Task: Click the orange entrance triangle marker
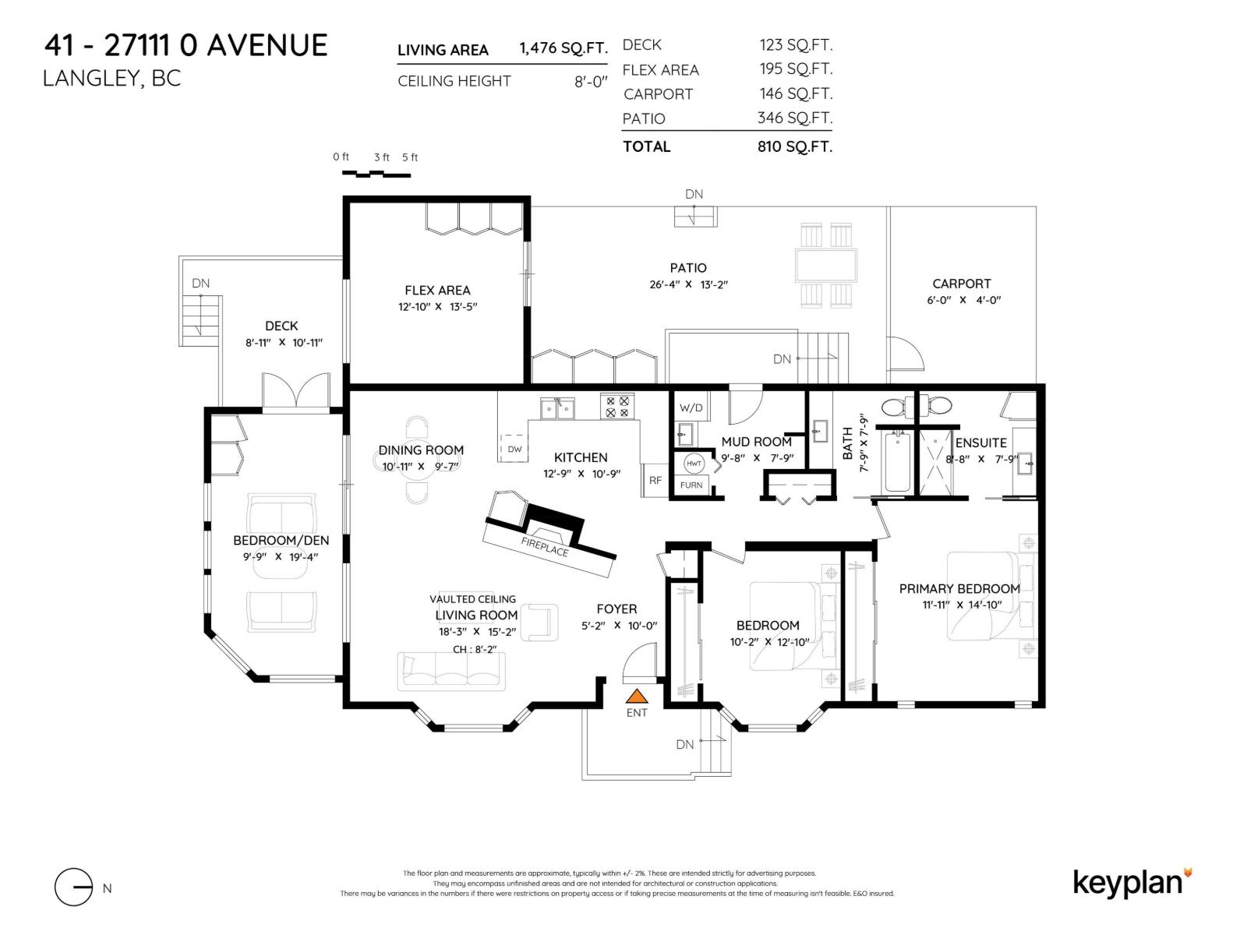(x=636, y=696)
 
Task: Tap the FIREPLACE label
(x=544, y=547)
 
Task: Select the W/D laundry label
(x=691, y=408)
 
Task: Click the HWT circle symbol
(x=694, y=464)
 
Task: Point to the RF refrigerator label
(x=655, y=480)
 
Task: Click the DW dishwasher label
(x=514, y=449)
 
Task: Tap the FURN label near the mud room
(x=691, y=485)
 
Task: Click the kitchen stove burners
(x=617, y=407)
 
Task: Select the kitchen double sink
(x=557, y=409)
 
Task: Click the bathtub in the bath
(x=897, y=461)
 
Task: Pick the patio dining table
(x=825, y=265)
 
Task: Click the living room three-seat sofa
(x=451, y=671)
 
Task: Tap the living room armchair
(x=539, y=623)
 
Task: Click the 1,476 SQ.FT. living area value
(x=563, y=48)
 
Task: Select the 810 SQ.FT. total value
(x=795, y=146)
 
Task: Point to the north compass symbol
(x=74, y=887)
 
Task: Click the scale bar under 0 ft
(x=376, y=174)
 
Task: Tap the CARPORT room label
(x=961, y=284)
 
